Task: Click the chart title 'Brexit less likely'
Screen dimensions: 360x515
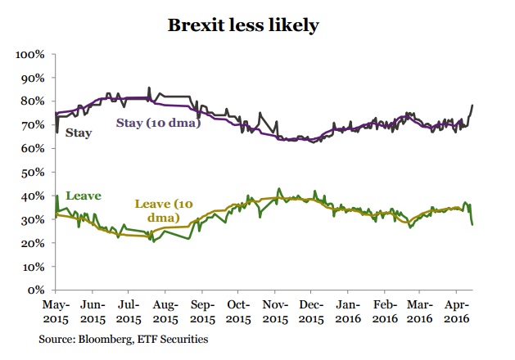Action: click(x=243, y=25)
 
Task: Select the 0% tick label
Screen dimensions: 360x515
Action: click(x=38, y=290)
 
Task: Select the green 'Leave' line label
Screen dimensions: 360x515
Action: click(x=83, y=196)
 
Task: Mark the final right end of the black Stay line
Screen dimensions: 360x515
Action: click(x=474, y=106)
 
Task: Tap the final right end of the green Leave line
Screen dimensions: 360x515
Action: click(x=474, y=223)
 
